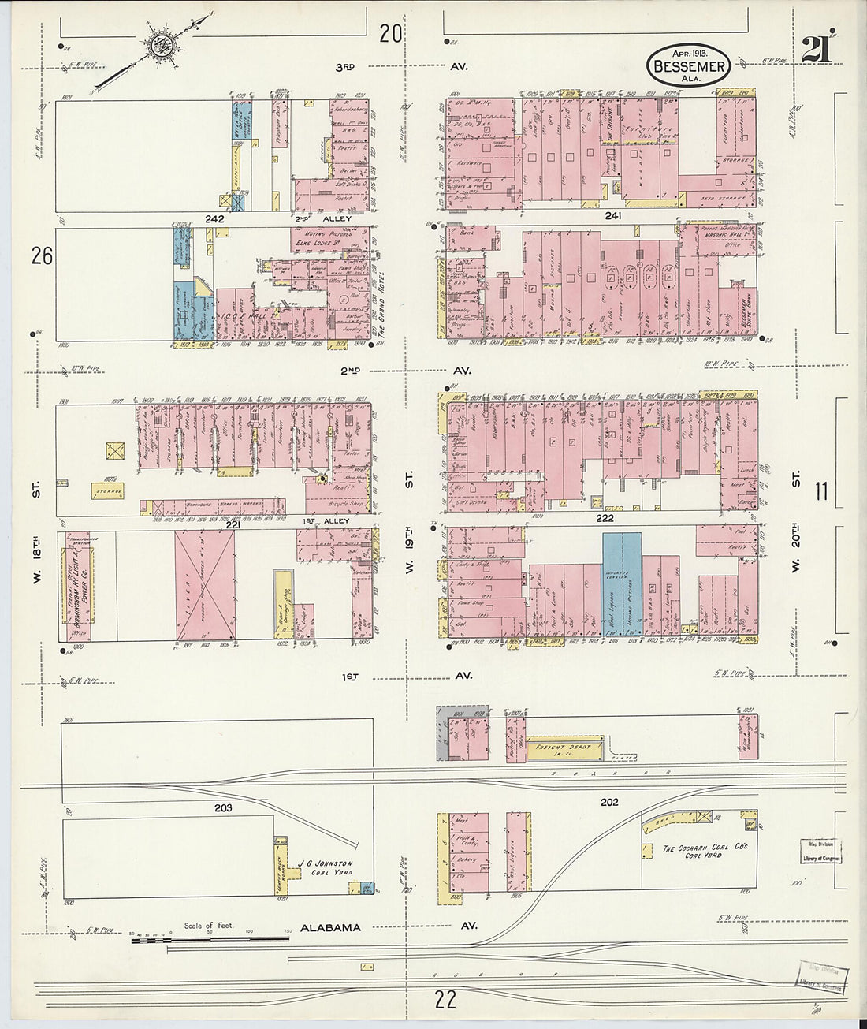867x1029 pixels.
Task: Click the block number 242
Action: tap(214, 218)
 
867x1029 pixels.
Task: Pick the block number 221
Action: tap(233, 524)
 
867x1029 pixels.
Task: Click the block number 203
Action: tap(223, 808)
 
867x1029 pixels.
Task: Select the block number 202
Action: tap(609, 803)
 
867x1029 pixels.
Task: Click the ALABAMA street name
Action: tap(330, 928)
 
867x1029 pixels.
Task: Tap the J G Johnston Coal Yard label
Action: tap(324, 868)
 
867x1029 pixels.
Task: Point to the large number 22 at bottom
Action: tap(445, 1001)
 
